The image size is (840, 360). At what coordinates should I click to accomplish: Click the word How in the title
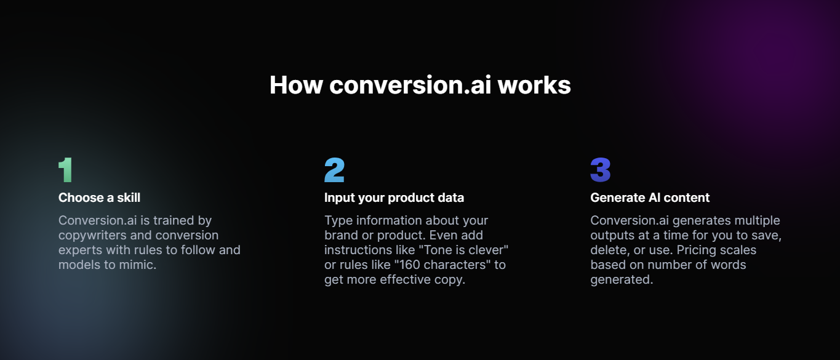coord(296,85)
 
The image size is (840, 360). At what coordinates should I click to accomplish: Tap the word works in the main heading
coord(534,85)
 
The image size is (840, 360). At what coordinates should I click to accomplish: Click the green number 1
coord(66,170)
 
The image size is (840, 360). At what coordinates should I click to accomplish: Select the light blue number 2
coord(334,170)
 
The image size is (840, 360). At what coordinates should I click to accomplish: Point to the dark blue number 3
coord(601,170)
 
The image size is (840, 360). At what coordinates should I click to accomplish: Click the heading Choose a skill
coord(99,198)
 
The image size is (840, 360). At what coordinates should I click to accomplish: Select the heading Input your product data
coord(394,198)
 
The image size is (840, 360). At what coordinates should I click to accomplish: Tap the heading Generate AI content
coord(650,198)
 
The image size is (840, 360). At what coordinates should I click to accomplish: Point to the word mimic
coord(137,265)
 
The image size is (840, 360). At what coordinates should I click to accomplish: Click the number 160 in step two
coord(410,265)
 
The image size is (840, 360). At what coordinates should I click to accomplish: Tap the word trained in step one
coord(174,220)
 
